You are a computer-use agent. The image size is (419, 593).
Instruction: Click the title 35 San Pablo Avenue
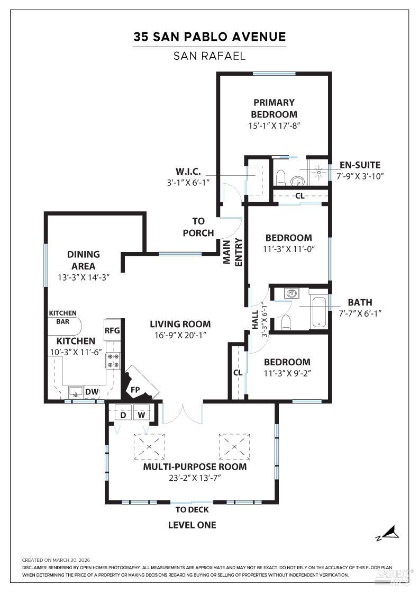[x=210, y=37]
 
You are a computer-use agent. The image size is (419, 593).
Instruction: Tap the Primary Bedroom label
[x=274, y=108]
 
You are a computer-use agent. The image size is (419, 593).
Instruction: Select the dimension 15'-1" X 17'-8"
[x=274, y=126]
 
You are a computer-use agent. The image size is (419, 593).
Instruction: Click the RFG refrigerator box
[x=113, y=331]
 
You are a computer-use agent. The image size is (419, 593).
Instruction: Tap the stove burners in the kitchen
[x=113, y=361]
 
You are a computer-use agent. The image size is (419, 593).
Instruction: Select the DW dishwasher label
[x=92, y=392]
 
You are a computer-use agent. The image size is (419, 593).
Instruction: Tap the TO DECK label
[x=192, y=510]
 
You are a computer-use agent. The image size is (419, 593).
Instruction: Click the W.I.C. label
[x=188, y=172]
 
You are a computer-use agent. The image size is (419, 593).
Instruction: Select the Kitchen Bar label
[x=63, y=317]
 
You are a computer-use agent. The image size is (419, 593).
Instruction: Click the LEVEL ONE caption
[x=192, y=525]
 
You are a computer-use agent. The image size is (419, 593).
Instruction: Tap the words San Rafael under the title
[x=210, y=56]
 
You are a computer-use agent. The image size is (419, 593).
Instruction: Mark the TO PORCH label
[x=198, y=227]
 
